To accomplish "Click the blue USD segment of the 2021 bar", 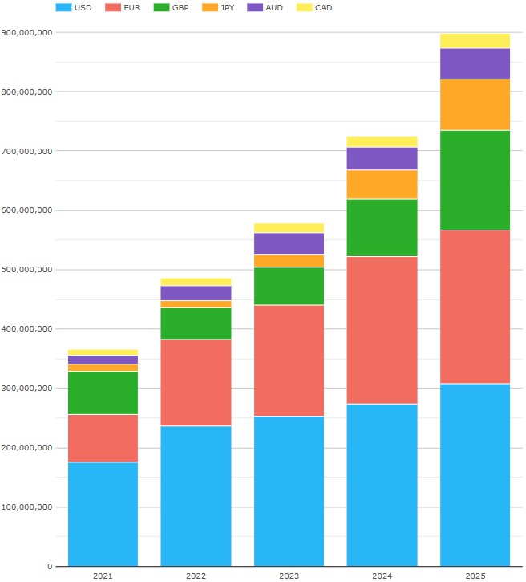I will (103, 514).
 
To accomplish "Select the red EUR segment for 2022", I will (196, 382).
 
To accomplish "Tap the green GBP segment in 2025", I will (475, 180).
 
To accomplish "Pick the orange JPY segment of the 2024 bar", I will (382, 184).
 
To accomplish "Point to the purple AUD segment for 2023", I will (289, 243).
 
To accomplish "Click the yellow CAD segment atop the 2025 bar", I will (475, 41).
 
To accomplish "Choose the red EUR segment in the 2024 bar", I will (382, 330).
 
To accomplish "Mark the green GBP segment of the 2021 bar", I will (103, 393).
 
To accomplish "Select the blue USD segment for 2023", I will (289, 490).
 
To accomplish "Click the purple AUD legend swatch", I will (254, 8).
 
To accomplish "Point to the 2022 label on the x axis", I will (196, 576).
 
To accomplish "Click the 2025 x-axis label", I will (475, 576).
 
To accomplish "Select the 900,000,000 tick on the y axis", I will (27, 33).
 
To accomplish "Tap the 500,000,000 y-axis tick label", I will (27, 270).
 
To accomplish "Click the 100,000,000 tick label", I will (27, 507).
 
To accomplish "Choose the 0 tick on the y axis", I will (50, 567).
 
